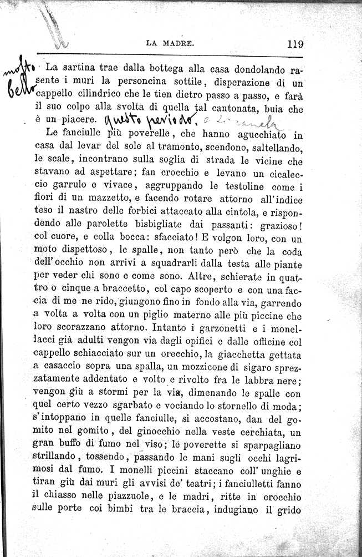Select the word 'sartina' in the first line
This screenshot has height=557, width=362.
pyautogui.click(x=85, y=69)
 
